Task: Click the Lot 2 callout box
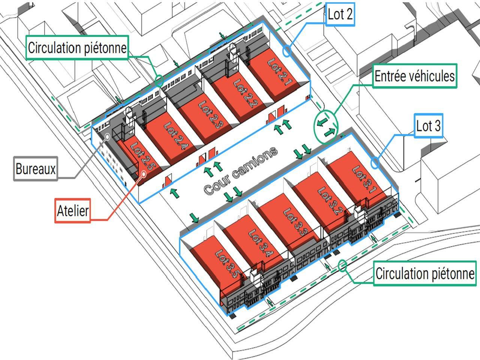coord(340,14)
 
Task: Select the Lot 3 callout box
coord(428,126)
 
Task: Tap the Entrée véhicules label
coord(415,76)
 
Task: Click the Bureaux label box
coord(36,169)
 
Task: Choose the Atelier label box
coord(73,211)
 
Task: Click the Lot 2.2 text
coord(246,93)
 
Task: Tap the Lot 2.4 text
coord(176,136)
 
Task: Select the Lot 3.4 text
coord(261,243)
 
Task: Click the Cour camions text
coord(240,171)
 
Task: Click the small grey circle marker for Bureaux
coord(107,137)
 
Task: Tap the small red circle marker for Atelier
coord(144,174)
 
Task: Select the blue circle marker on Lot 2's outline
coord(287,51)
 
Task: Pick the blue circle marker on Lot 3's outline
coord(375,162)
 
